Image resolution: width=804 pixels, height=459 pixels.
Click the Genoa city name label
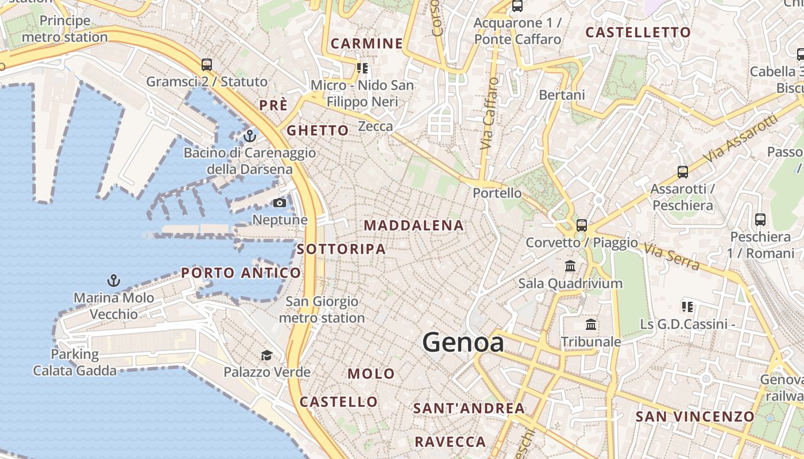(x=463, y=343)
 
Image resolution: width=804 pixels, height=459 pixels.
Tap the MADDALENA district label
(x=413, y=225)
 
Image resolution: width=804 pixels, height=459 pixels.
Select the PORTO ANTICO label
(x=241, y=273)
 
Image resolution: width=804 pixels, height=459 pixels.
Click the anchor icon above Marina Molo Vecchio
(x=114, y=281)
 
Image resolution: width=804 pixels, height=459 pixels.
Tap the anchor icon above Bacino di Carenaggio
(x=249, y=136)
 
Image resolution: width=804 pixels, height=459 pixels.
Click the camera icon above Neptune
(x=280, y=203)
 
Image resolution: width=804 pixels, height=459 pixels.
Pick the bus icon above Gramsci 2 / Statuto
(x=207, y=65)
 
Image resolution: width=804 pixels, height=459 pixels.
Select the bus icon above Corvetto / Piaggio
(x=582, y=225)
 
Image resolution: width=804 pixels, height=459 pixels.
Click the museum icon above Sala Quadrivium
(x=570, y=266)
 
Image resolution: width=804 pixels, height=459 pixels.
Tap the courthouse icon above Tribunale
(x=590, y=325)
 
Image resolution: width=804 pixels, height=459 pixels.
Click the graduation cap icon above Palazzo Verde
(x=266, y=356)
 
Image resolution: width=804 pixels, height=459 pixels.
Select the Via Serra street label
(x=671, y=256)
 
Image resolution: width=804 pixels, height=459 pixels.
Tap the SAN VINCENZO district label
(x=695, y=417)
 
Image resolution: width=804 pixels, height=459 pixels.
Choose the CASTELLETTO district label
(x=637, y=33)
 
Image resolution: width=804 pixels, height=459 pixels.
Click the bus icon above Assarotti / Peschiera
(x=682, y=172)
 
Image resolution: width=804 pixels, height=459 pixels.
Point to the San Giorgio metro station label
(x=322, y=309)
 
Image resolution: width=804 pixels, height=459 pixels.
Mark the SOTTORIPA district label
(x=341, y=249)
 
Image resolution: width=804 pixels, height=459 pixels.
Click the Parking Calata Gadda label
(x=75, y=363)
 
